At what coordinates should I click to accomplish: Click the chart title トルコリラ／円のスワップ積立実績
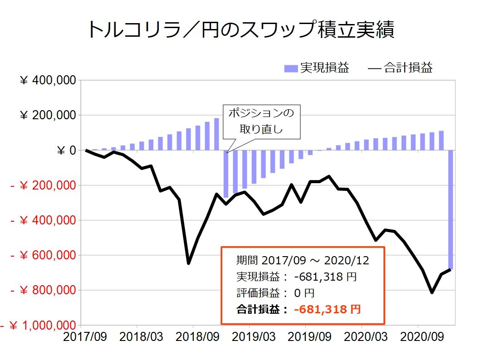[x=240, y=30]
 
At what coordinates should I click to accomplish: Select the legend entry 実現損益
[x=317, y=68]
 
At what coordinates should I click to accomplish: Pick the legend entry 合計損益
[x=401, y=68]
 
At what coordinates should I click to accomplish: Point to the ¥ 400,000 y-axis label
[x=48, y=81]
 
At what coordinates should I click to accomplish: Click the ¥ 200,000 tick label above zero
[x=48, y=116]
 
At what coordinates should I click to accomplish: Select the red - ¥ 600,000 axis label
[x=43, y=255]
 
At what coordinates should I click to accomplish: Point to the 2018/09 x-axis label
[x=193, y=337]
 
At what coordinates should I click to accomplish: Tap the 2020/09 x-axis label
[x=418, y=337]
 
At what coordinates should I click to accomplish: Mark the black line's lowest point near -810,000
[x=432, y=292]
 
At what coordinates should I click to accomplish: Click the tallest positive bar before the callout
[x=216, y=134]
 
